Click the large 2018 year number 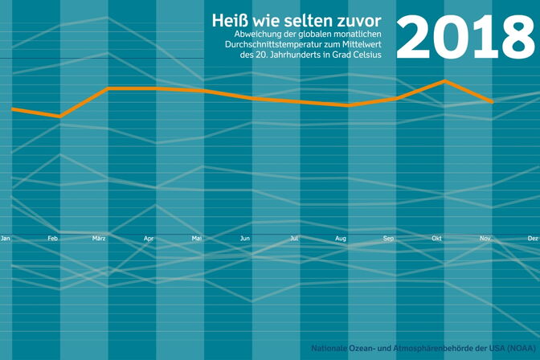pyautogui.click(x=467, y=36)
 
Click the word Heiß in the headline pyautogui.click(x=229, y=19)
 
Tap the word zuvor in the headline pyautogui.click(x=358, y=19)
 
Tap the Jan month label pyautogui.click(x=6, y=239)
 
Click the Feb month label pyautogui.click(x=53, y=239)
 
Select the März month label pyautogui.click(x=100, y=239)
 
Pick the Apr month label pyautogui.click(x=149, y=239)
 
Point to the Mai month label pyautogui.click(x=196, y=239)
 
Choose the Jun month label pyautogui.click(x=245, y=239)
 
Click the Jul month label pyautogui.click(x=294, y=239)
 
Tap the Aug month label pyautogui.click(x=341, y=239)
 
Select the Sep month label pyautogui.click(x=389, y=239)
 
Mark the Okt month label pyautogui.click(x=437, y=239)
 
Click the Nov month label pyautogui.click(x=485, y=239)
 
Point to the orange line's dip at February pyautogui.click(x=59, y=117)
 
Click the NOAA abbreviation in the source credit pyautogui.click(x=517, y=348)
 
